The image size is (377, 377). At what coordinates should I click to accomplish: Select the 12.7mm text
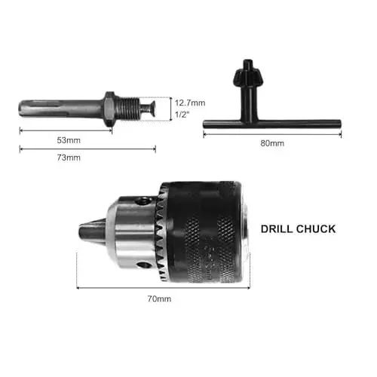pyautogui.click(x=189, y=102)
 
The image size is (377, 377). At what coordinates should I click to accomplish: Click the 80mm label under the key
pyautogui.click(x=271, y=143)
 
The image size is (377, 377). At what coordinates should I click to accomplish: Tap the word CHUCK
pyautogui.click(x=317, y=228)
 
